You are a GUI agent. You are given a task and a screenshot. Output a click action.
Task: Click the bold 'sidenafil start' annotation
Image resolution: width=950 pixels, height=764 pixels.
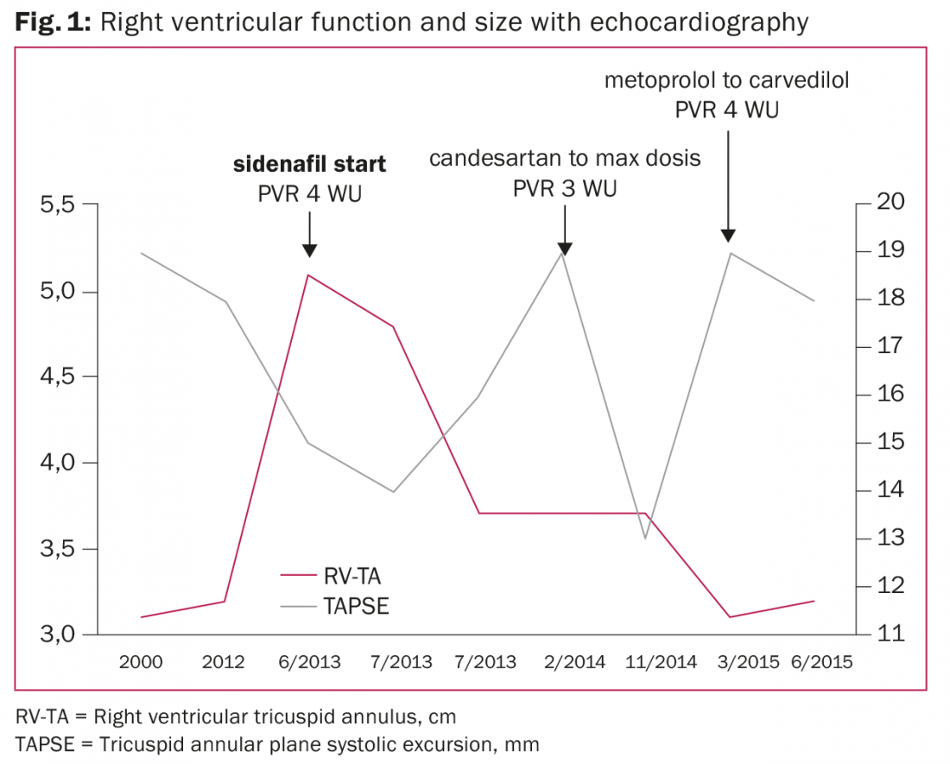tap(310, 163)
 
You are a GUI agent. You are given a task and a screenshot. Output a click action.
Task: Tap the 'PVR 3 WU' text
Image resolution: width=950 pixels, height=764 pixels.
tap(565, 188)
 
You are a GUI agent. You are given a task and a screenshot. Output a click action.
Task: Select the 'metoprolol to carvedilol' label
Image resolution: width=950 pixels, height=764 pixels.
tap(727, 80)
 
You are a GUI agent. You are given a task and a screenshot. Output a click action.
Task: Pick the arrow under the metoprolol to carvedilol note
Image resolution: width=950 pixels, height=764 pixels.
tap(728, 186)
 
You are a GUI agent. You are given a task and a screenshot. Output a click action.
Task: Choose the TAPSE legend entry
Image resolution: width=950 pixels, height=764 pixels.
tap(356, 606)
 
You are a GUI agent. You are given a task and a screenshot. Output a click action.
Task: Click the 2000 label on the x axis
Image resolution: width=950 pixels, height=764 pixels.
tap(141, 663)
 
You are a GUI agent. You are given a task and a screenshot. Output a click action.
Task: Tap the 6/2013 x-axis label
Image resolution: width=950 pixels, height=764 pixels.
tap(310, 663)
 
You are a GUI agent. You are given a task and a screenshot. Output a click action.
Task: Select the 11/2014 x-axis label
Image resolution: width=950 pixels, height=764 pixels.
tap(648, 663)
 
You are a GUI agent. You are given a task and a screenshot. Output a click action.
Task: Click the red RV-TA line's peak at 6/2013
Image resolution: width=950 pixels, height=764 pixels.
tap(309, 275)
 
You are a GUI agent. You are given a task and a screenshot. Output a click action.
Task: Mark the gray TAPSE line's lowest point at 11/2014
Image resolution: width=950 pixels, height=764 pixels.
tap(644, 539)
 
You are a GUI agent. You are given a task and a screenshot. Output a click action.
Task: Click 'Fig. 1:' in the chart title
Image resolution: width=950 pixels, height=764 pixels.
tap(53, 22)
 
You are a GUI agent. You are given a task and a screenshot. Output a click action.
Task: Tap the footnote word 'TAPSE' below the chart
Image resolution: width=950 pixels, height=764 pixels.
tap(42, 742)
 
